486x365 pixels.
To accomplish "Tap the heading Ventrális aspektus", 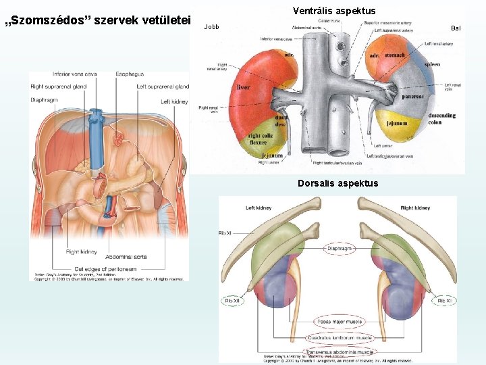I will point(334,11).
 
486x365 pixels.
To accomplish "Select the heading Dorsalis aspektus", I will point(337,183).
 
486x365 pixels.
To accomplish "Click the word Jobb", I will point(211,27).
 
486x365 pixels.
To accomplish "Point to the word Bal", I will point(456,28).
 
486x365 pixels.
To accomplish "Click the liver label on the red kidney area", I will point(244,87).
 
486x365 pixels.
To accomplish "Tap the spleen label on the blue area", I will point(432,65).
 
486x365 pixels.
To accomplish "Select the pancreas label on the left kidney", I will point(412,97).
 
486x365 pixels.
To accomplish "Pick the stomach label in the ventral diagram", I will point(394,55).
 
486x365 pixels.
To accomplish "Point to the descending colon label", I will point(441,118).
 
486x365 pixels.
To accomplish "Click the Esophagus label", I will point(130,74).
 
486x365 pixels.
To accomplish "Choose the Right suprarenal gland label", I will point(59,87).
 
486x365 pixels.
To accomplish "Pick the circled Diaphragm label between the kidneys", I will point(339,248).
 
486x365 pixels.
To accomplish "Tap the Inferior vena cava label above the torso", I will point(75,74).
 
